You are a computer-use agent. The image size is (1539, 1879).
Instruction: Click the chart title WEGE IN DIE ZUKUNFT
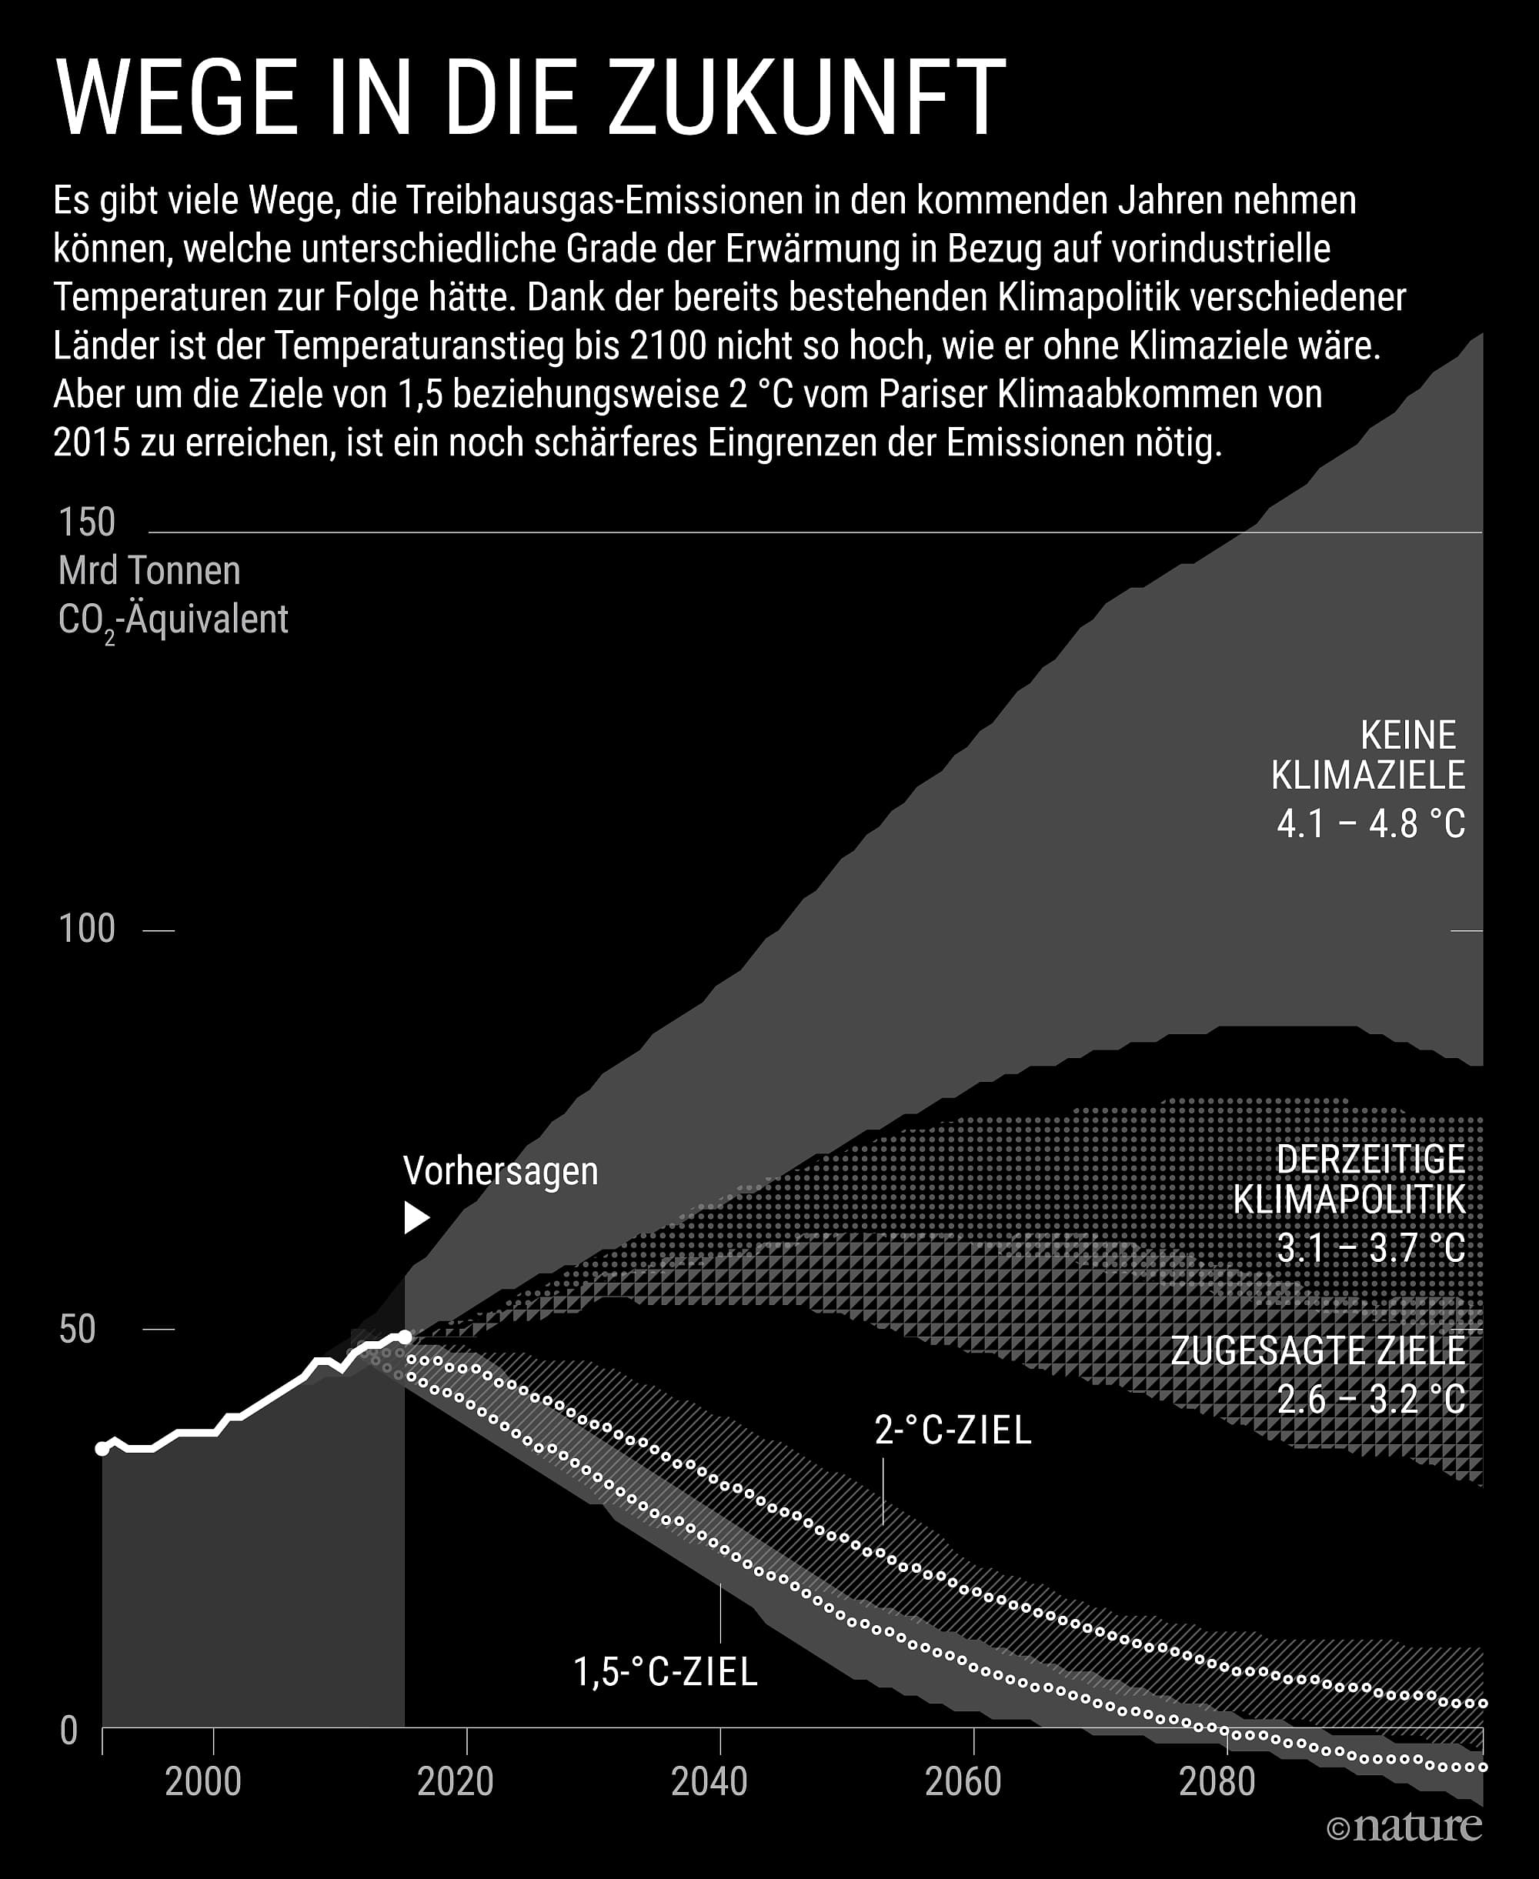click(x=530, y=97)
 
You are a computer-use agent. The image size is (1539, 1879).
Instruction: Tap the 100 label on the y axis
click(x=87, y=929)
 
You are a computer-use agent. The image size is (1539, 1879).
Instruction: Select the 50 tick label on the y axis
click(x=77, y=1330)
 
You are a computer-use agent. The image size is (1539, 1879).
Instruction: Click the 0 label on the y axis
click(x=69, y=1730)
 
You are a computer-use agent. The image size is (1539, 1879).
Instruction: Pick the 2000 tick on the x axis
click(x=203, y=1781)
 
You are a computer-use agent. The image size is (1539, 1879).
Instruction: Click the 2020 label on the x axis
click(x=455, y=1781)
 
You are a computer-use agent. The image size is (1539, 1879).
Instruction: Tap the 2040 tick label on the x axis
click(x=709, y=1781)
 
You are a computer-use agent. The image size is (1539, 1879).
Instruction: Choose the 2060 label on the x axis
click(x=963, y=1781)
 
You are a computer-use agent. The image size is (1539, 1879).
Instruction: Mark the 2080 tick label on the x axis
click(x=1217, y=1781)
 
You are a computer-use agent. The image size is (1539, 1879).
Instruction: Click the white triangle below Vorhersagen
click(x=416, y=1218)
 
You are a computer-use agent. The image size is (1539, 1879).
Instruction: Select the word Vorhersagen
click(x=501, y=1171)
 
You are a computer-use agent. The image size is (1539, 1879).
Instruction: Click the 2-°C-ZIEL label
click(x=953, y=1430)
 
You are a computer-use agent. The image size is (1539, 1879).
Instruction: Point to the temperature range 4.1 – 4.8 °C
click(x=1370, y=824)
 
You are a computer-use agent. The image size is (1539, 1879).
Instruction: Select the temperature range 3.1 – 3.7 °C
click(x=1370, y=1248)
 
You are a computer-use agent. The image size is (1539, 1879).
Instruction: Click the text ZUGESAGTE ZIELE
click(x=1317, y=1350)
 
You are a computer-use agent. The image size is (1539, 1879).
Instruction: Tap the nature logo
click(x=1404, y=1827)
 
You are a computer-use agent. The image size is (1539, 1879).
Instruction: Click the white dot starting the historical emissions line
click(x=103, y=1448)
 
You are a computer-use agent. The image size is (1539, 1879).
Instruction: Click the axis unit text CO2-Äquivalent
click(x=173, y=619)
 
